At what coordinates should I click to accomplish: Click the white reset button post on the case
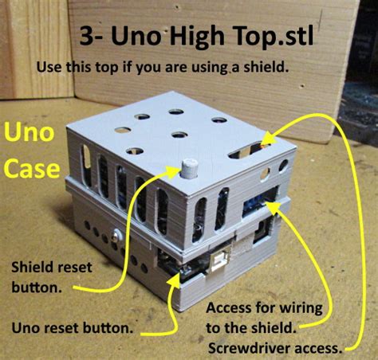point(190,169)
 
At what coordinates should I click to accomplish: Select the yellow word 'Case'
point(30,169)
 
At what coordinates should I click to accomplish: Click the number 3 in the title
point(86,38)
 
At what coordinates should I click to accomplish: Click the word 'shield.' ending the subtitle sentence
point(266,67)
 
